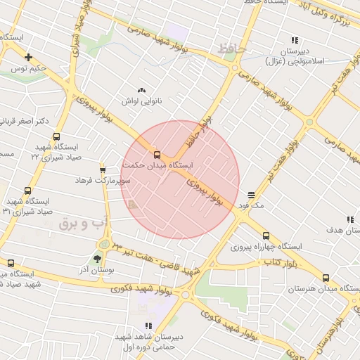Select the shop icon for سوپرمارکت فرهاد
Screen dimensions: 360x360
pyautogui.click(x=103, y=169)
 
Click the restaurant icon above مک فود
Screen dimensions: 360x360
pyautogui.click(x=251, y=194)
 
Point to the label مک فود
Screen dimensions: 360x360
pyautogui.click(x=250, y=205)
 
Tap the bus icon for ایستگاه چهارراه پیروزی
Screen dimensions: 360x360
pyautogui.click(x=265, y=236)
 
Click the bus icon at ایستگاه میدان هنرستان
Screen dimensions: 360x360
pyautogui.click(x=326, y=278)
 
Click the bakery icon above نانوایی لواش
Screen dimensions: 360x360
pyautogui.click(x=142, y=90)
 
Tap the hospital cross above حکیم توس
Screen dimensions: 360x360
pyautogui.click(x=28, y=57)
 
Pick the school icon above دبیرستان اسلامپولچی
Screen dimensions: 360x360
pyautogui.click(x=294, y=40)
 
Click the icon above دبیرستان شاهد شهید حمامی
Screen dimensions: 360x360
pyautogui.click(x=148, y=326)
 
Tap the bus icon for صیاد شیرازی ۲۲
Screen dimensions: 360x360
pyautogui.click(x=56, y=137)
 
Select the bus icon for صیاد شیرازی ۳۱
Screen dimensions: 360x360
pyautogui.click(x=28, y=190)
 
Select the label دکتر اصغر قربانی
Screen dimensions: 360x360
pyautogui.click(x=23, y=121)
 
